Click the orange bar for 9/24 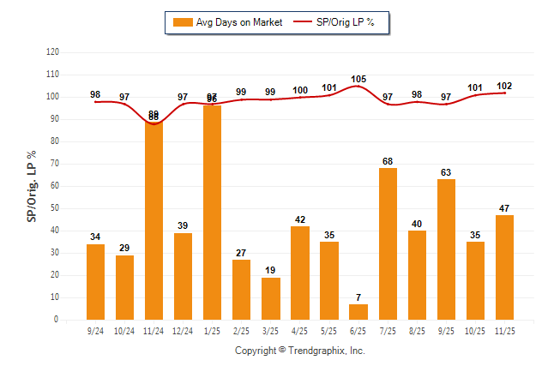[x=95, y=282]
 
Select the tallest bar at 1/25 [x=212, y=213]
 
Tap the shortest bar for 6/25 [x=358, y=312]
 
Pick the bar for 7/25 [x=388, y=243]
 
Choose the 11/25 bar [x=504, y=267]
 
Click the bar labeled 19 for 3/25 [x=270, y=298]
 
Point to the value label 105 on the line [x=358, y=79]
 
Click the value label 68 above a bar [x=388, y=161]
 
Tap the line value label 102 [x=504, y=86]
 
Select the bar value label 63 [x=446, y=172]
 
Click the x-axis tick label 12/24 [x=183, y=329]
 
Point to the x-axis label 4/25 [x=300, y=329]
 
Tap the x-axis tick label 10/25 [x=475, y=329]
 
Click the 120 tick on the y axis [x=53, y=52]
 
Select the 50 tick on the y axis [x=55, y=208]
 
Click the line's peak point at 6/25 [x=358, y=86]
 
